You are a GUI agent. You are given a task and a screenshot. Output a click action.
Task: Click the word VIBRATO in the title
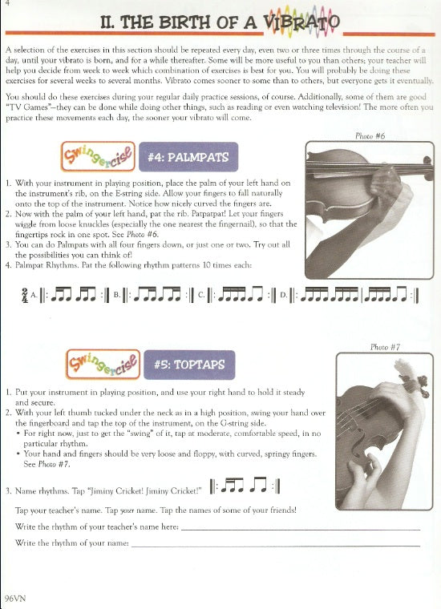(301, 22)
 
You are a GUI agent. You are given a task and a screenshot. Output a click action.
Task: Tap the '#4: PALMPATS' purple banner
(188, 157)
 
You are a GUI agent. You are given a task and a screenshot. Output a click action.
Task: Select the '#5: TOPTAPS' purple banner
(189, 365)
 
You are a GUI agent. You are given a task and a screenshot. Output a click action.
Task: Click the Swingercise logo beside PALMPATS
(99, 156)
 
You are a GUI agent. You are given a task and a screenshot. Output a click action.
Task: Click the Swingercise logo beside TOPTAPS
(103, 365)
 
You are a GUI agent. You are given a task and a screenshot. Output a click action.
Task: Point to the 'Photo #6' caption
(370, 136)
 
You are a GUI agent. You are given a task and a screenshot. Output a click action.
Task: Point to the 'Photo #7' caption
(385, 347)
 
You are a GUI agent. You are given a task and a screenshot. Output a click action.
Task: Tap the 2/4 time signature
(25, 296)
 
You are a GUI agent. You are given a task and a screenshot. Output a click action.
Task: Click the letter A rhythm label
(34, 296)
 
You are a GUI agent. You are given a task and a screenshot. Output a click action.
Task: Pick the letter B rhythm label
(116, 296)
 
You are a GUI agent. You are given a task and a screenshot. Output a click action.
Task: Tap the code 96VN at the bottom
(14, 598)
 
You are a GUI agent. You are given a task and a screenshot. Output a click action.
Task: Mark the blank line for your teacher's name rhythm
(301, 530)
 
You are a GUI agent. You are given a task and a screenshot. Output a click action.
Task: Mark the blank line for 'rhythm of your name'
(276, 546)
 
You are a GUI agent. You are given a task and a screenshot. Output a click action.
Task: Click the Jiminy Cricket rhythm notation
(245, 486)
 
